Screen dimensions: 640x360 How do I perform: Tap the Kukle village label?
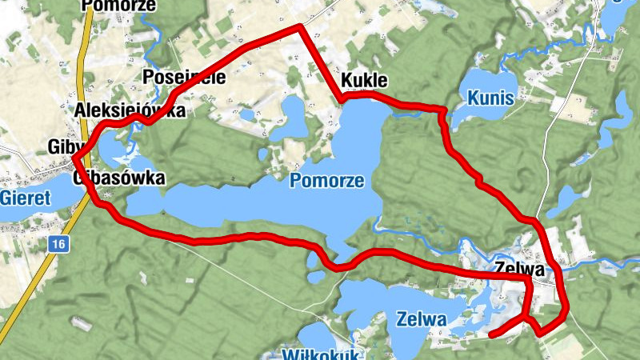pos(364,81)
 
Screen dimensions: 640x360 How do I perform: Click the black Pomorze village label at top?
pos(119,5)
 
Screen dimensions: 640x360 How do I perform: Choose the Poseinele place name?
pos(183,78)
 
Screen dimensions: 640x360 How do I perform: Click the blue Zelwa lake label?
pos(421,318)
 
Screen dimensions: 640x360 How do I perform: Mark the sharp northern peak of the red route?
pos(300,26)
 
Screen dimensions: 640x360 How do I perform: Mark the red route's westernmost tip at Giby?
pos(74,157)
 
